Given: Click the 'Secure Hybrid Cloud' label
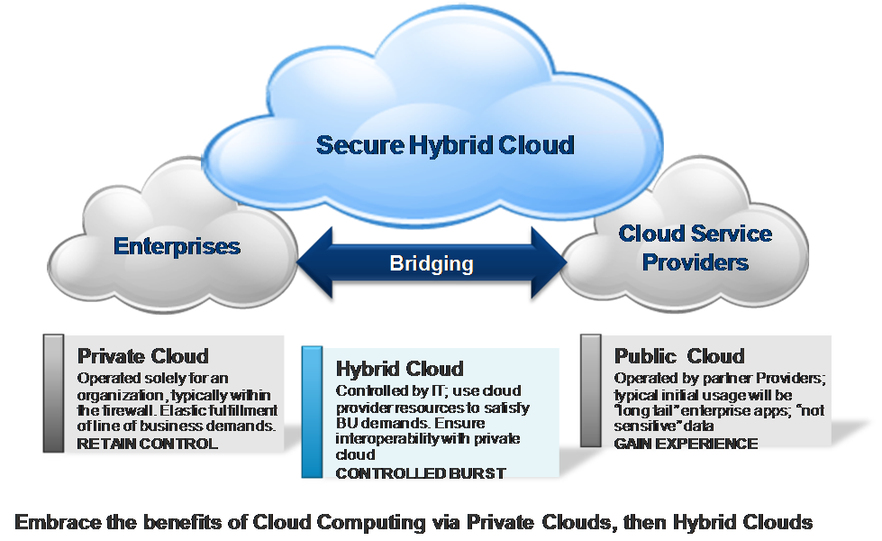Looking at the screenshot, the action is tap(445, 144).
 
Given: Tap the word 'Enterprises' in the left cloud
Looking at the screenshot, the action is tap(177, 246).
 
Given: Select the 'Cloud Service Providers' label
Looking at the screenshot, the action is tap(696, 248).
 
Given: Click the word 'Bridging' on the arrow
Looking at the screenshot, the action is tap(432, 263).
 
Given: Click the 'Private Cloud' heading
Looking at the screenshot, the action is tap(143, 356).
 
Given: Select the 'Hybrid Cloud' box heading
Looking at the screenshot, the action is tap(399, 369).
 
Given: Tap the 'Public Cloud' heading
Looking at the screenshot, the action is tap(679, 356).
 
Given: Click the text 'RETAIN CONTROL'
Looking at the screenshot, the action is tap(148, 444).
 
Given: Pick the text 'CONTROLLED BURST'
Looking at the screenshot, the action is tap(421, 473).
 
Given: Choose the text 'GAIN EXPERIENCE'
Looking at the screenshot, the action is tap(686, 444).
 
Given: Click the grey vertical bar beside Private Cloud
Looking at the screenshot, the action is tap(53, 393).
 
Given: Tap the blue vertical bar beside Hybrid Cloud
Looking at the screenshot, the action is tap(313, 412).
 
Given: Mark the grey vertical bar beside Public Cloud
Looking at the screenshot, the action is tap(591, 390).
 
